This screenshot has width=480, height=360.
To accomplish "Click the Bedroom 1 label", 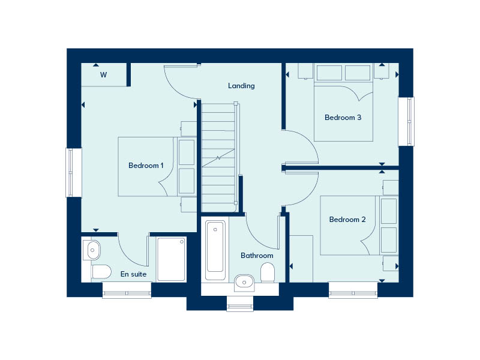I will (x=146, y=166).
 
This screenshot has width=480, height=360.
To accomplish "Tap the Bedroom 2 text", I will (x=347, y=220).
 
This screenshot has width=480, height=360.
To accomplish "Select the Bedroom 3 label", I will (x=343, y=118).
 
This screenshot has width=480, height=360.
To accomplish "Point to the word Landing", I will (x=241, y=86).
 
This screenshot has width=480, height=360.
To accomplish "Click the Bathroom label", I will (x=257, y=256).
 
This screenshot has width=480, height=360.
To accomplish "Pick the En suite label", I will (x=133, y=274).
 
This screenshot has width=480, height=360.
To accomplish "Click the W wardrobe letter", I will (x=103, y=75).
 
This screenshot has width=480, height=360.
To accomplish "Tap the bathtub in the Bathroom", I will (x=215, y=250).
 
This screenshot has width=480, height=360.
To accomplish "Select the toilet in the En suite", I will (x=101, y=272).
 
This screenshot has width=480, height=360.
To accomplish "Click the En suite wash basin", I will (x=93, y=248).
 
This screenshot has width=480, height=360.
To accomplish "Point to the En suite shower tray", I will (x=172, y=259).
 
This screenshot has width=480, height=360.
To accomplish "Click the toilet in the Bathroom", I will (x=268, y=274).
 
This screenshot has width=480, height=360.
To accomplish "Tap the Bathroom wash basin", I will (x=244, y=280).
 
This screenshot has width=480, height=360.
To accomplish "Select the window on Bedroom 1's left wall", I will (x=73, y=172).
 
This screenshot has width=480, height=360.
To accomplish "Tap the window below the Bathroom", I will (x=240, y=306).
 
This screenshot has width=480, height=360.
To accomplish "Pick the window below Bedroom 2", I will (x=353, y=293).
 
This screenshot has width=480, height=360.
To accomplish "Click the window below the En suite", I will (x=127, y=293).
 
